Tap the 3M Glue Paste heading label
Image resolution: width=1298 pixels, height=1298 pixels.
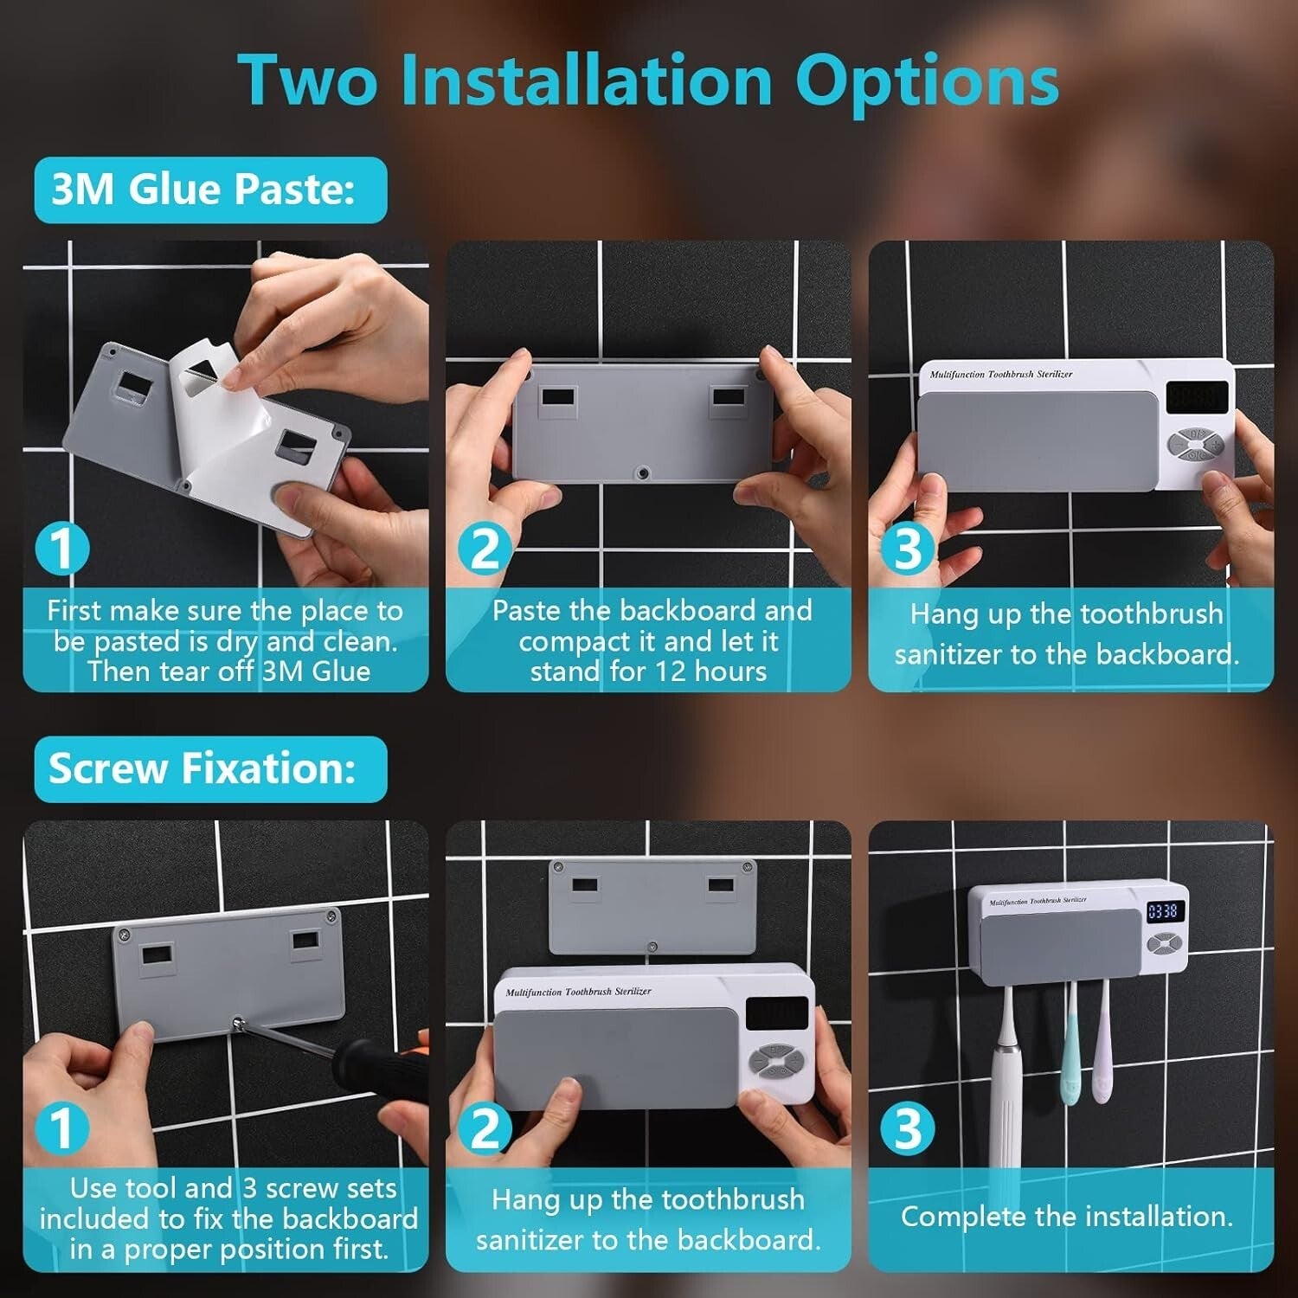[x=204, y=190]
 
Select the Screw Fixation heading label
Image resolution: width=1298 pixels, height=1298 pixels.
[x=202, y=768]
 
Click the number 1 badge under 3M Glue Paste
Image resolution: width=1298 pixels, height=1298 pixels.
[x=61, y=549]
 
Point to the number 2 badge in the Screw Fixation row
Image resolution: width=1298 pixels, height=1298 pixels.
[x=485, y=1129]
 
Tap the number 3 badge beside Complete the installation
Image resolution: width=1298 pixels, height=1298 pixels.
[x=907, y=1128]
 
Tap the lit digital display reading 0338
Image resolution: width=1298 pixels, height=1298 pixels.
[x=1162, y=911]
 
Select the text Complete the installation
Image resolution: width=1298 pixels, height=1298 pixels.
[x=1066, y=1217]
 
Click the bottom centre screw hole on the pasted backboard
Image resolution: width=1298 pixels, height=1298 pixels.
[x=641, y=473]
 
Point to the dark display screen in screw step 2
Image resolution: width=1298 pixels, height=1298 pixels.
[x=776, y=1013]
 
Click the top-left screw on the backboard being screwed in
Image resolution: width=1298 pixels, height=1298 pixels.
[x=124, y=935]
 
